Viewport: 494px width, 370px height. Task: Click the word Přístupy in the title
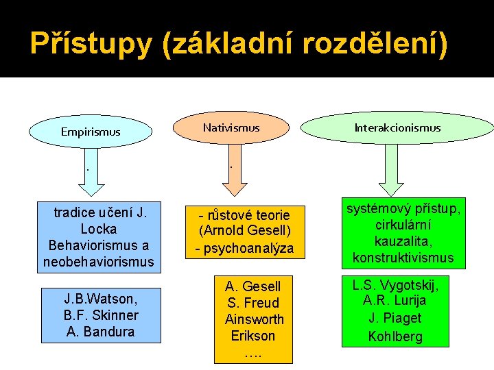90,44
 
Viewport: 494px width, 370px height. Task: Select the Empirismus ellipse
90,131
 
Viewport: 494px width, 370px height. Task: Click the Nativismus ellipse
231,127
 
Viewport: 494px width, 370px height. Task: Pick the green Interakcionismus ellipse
397,128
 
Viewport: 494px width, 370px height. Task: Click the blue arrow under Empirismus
87,171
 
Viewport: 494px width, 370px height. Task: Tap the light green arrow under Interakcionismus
393,168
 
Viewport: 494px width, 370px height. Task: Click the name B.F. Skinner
101,315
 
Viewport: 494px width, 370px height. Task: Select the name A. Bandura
101,332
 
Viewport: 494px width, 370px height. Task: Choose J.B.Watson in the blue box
101,299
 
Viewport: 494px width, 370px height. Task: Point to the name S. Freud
254,303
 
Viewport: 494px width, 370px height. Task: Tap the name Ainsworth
254,319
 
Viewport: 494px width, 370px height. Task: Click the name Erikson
254,336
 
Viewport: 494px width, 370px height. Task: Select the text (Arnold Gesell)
245,231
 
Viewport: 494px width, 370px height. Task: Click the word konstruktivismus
403,258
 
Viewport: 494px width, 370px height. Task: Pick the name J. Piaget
395,319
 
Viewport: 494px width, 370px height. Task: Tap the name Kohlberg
395,336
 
